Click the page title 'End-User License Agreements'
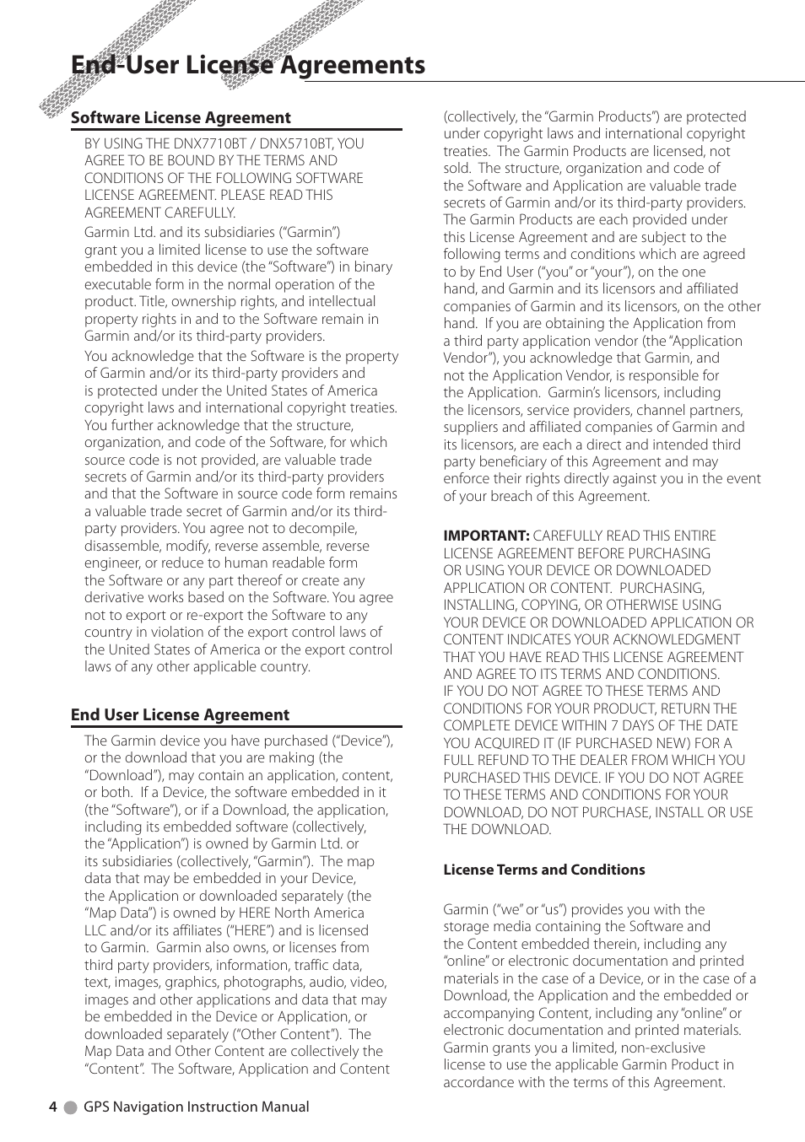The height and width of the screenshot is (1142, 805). pos(248,65)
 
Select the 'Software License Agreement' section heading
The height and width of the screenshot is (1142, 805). pos(181,118)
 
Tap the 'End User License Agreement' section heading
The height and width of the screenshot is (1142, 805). pos(180,715)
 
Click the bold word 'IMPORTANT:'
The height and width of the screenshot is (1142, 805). pos(486,536)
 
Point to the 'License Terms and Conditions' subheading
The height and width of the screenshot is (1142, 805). pos(543,870)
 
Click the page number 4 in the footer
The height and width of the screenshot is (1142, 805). pos(53,1107)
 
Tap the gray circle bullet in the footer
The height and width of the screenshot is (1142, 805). pos(71,1107)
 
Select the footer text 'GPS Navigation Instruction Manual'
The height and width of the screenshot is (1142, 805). pos(196,1107)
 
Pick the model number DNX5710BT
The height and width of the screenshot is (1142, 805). pos(297,143)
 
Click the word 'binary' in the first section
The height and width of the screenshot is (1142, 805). pos(373,267)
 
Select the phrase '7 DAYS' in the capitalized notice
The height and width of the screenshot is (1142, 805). pos(640,725)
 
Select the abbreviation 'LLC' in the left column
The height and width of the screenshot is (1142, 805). pos(95,930)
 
